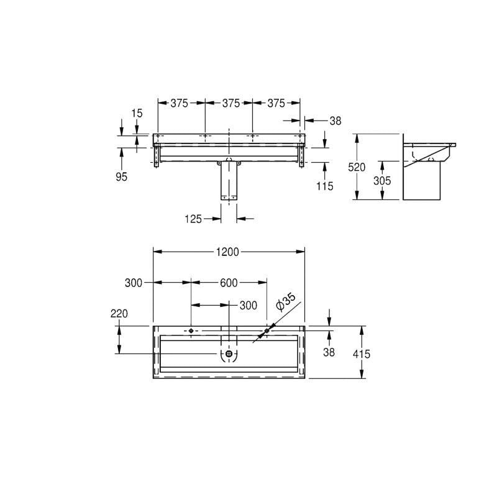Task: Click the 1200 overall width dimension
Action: pyautogui.click(x=229, y=252)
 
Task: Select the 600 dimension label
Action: pyautogui.click(x=229, y=283)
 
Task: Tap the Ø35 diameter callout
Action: pyautogui.click(x=286, y=303)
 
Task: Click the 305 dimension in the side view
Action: pyautogui.click(x=382, y=180)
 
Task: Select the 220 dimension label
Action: pyautogui.click(x=119, y=314)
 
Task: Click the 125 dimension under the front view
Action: pyautogui.click(x=194, y=219)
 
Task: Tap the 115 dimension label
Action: pyautogui.click(x=325, y=185)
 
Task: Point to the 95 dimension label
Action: pyautogui.click(x=121, y=177)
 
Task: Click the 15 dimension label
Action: pyautogui.click(x=137, y=112)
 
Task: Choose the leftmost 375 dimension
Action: pyautogui.click(x=180, y=103)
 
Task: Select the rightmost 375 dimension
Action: pyautogui.click(x=276, y=103)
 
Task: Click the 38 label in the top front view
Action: pyautogui.click(x=335, y=121)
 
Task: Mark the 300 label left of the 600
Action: pyautogui.click(x=134, y=283)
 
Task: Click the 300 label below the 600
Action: pyautogui.click(x=248, y=305)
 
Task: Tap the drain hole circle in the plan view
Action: pyautogui.click(x=229, y=353)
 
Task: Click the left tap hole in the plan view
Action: pyautogui.click(x=191, y=331)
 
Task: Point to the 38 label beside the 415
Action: pyautogui.click(x=329, y=352)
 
